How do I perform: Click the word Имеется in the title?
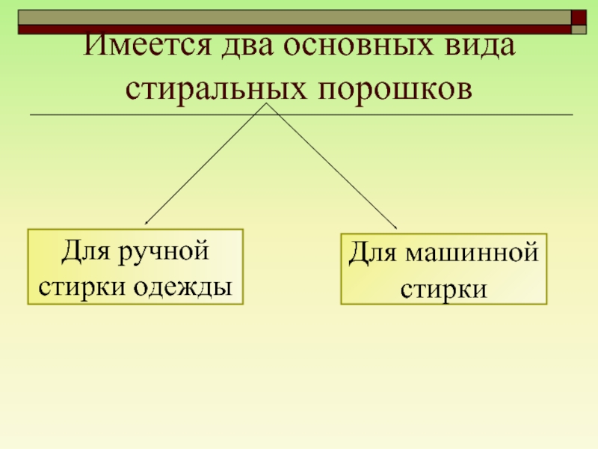click(x=147, y=45)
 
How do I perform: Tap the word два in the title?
click(x=248, y=46)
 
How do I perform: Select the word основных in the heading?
click(x=359, y=46)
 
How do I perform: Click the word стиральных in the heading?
click(x=216, y=90)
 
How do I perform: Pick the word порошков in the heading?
click(x=395, y=90)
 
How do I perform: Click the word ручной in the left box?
click(x=164, y=252)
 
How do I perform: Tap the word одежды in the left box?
click(x=182, y=287)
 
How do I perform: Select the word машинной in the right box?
click(x=472, y=253)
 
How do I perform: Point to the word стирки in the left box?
click(x=82, y=287)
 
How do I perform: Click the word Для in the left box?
click(x=85, y=251)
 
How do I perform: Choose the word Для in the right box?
click(x=372, y=253)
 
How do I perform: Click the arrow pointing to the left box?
click(x=206, y=163)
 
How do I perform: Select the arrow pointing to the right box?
click(x=332, y=166)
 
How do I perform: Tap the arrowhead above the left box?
click(x=146, y=222)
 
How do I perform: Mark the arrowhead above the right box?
click(x=395, y=227)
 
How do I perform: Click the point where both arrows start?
click(x=267, y=103)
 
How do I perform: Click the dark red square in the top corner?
click(x=578, y=17)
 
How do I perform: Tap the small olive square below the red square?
click(x=579, y=30)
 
